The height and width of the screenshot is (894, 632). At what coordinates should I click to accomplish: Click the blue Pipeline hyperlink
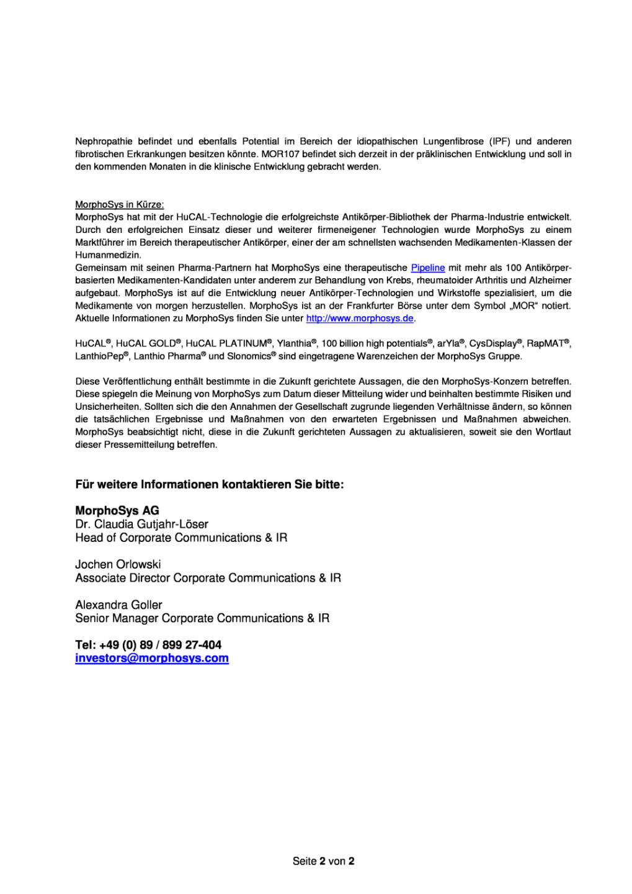(427, 268)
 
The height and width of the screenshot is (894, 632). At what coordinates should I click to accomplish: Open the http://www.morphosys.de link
(360, 318)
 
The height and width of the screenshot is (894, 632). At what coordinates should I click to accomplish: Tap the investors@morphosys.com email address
(152, 658)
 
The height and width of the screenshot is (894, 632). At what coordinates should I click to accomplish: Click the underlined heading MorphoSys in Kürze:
(120, 204)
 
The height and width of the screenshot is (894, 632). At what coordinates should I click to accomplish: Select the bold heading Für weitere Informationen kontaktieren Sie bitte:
(210, 484)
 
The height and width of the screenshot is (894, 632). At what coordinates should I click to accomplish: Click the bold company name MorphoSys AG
(117, 510)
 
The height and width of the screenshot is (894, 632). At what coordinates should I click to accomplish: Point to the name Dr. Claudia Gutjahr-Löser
(142, 524)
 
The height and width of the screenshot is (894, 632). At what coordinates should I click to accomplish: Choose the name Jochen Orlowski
(118, 564)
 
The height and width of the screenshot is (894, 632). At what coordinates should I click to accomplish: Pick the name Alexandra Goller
(118, 605)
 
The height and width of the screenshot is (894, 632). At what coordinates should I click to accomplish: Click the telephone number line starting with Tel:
(148, 645)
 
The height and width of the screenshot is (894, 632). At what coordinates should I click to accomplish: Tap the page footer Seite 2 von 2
(323, 861)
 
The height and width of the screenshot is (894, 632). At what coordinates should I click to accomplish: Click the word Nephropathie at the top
(104, 142)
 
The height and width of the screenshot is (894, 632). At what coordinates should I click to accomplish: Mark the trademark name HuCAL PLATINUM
(226, 343)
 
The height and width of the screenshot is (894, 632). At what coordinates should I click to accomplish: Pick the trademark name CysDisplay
(493, 343)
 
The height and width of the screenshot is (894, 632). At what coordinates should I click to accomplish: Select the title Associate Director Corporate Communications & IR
(208, 578)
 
